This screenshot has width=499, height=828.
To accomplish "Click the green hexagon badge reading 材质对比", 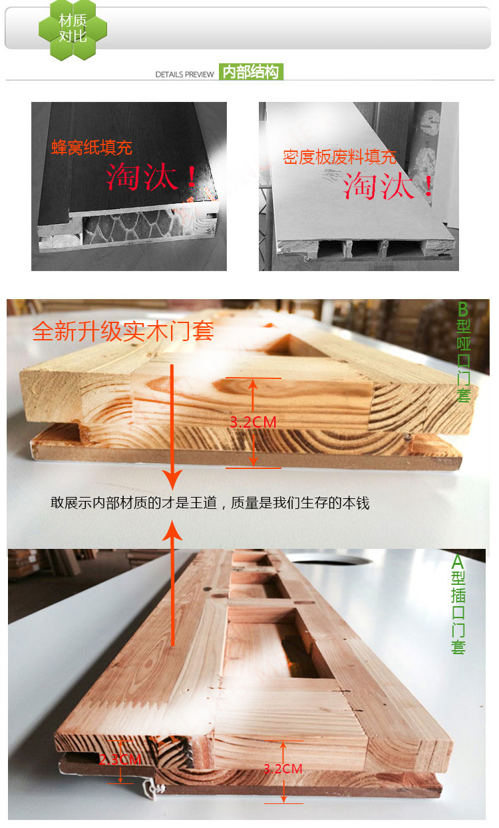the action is (73, 29).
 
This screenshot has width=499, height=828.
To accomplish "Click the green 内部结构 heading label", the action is (251, 72).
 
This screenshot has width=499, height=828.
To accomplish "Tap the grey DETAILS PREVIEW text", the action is (184, 75).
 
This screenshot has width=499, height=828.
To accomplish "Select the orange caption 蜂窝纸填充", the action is (92, 147).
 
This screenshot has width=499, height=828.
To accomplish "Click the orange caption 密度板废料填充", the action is (339, 157).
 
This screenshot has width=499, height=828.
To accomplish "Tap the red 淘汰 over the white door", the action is (387, 186).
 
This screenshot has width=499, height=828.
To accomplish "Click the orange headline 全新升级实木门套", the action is (123, 331).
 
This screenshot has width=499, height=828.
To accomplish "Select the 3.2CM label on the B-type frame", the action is (253, 422).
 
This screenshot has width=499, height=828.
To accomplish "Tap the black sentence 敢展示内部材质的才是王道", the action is (134, 503).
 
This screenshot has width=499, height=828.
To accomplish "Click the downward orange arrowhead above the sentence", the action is (172, 480).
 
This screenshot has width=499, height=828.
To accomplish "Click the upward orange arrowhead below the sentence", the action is (172, 530).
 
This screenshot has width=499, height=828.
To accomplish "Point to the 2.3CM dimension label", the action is (120, 759).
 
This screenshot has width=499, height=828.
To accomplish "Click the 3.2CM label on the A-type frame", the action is (283, 769).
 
